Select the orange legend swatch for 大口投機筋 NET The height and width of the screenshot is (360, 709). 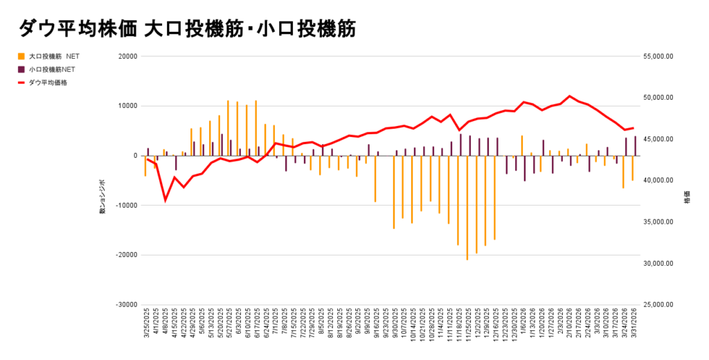point(21,57)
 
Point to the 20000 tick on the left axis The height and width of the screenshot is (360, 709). point(127,57)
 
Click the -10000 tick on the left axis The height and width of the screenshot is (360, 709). point(126,206)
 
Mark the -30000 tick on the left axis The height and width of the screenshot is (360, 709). point(126,305)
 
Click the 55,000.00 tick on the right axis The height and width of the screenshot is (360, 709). point(658,57)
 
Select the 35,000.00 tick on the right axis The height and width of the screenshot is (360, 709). point(658,222)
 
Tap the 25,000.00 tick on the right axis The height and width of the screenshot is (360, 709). point(658,305)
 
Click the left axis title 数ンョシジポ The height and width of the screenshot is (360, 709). point(102,195)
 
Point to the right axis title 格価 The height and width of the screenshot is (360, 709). point(687,196)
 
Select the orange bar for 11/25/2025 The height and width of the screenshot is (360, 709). point(467,208)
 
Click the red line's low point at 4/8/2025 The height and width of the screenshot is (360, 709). point(165,200)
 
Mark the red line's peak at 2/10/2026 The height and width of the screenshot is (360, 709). point(569,96)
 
